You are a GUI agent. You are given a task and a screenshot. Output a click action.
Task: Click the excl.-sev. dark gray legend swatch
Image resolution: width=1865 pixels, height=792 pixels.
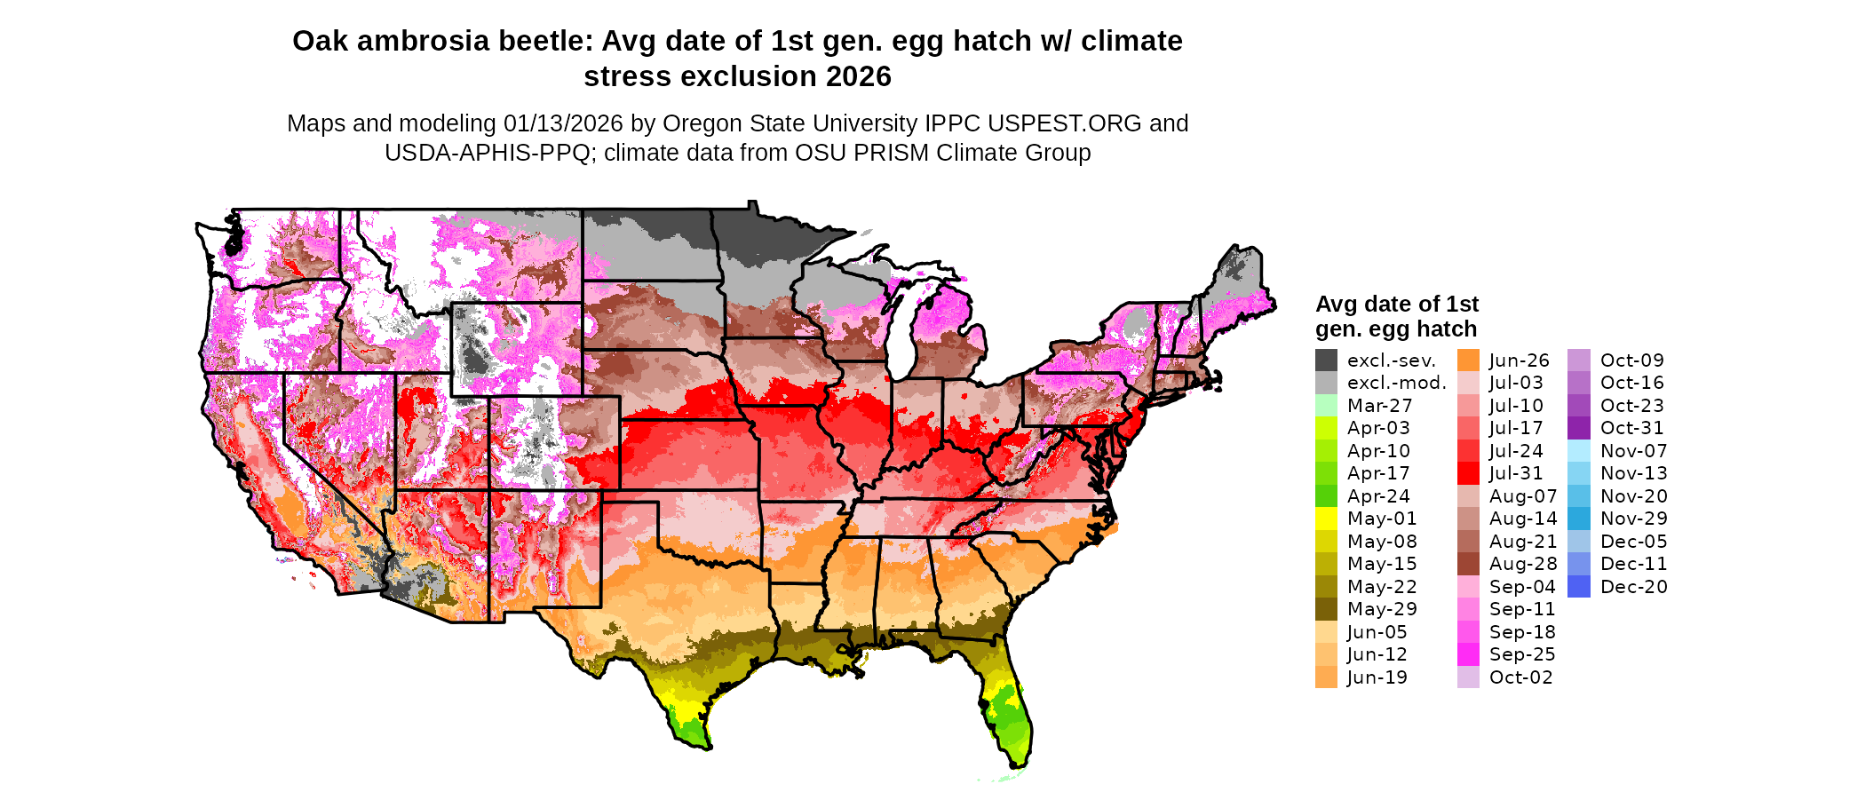(x=1326, y=360)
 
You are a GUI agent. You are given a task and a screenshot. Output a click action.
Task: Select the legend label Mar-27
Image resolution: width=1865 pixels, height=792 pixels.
(x=1379, y=406)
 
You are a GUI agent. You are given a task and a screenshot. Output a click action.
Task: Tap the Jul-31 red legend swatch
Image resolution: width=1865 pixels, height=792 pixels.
(x=1468, y=473)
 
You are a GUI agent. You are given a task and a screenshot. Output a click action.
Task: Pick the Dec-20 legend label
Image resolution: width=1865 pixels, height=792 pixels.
(x=1633, y=587)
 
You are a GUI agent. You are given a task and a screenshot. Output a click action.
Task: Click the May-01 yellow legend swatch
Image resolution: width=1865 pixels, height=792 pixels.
(x=1326, y=519)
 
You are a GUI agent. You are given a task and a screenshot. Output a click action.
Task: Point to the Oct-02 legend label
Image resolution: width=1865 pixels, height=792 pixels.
(x=1520, y=677)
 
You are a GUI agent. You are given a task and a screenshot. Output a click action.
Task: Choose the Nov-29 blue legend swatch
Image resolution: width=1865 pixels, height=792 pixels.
(x=1579, y=519)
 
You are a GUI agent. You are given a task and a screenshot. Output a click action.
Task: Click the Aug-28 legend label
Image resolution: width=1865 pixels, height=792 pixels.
(x=1523, y=564)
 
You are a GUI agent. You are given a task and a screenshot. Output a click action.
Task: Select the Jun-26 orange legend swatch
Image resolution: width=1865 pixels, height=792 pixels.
(x=1468, y=360)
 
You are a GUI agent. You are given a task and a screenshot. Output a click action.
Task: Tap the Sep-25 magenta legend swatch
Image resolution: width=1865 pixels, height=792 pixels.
(x=1468, y=654)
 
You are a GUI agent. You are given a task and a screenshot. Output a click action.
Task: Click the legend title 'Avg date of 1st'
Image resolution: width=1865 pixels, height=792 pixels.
(x=1396, y=305)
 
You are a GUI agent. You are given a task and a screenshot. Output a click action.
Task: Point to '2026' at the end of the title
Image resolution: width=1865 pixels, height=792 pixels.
(x=858, y=76)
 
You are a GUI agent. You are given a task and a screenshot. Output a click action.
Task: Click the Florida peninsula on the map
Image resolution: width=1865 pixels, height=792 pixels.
(x=1009, y=710)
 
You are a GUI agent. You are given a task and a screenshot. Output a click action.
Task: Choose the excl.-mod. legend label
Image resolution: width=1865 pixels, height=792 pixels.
(x=1396, y=383)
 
